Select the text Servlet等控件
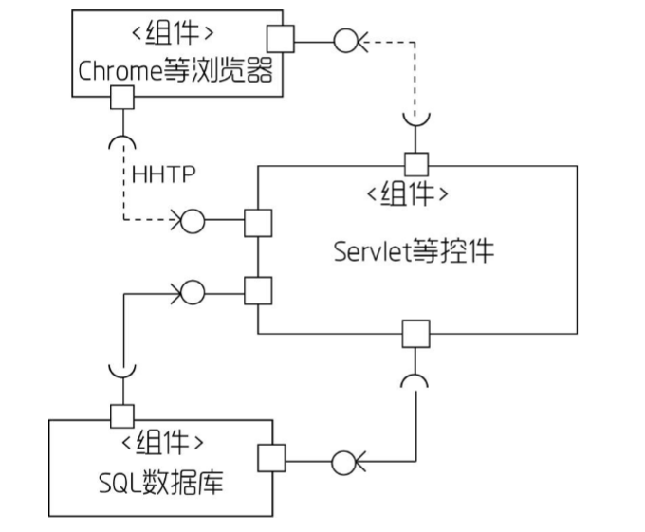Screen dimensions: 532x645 click(x=415, y=251)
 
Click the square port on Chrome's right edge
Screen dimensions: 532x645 click(x=280, y=39)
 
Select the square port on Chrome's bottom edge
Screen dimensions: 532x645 click(x=121, y=97)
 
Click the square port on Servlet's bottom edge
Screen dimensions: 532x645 click(x=415, y=334)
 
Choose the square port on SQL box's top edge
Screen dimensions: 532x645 click(x=122, y=415)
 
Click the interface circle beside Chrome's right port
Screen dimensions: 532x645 click(x=344, y=39)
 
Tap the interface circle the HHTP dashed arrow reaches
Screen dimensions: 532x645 click(x=192, y=223)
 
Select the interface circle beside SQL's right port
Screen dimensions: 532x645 click(x=342, y=464)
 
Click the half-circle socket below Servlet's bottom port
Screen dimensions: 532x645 click(x=415, y=380)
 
